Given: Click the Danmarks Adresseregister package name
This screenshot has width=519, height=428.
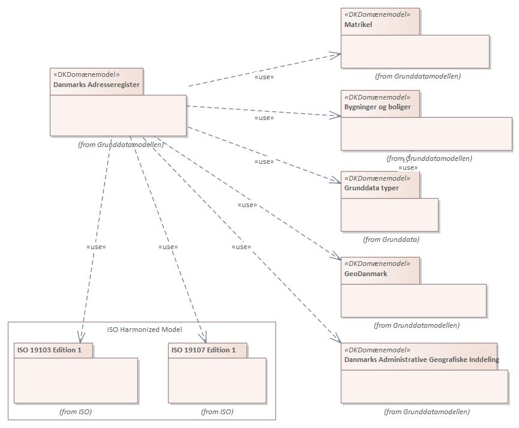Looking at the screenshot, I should click(97, 85).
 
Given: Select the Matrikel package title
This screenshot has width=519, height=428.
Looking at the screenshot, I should click(358, 25).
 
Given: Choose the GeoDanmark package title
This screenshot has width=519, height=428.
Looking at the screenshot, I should click(365, 274).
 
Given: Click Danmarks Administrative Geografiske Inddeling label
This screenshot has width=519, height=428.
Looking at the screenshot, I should click(421, 360).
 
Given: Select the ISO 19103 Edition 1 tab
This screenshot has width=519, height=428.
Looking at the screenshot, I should click(49, 350).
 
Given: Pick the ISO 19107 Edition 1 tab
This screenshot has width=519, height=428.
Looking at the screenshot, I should click(203, 350).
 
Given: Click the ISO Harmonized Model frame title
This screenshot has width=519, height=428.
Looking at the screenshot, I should click(144, 330).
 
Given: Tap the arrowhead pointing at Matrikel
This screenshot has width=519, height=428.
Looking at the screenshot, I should click(337, 55).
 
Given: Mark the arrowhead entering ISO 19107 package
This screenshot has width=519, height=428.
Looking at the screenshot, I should click(203, 338).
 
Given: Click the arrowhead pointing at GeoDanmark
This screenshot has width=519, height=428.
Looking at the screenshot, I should click(337, 258).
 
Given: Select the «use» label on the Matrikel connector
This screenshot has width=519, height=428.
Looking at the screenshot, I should click(264, 77).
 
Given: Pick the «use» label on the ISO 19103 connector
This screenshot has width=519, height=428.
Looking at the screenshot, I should click(95, 247).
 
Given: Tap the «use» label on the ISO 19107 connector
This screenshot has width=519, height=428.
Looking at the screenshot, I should click(168, 247).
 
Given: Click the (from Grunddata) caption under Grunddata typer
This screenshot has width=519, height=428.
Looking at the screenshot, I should click(391, 240).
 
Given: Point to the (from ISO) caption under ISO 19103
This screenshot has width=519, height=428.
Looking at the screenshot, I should click(76, 412).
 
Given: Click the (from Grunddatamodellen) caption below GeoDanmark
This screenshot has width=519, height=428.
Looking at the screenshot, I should click(416, 325).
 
